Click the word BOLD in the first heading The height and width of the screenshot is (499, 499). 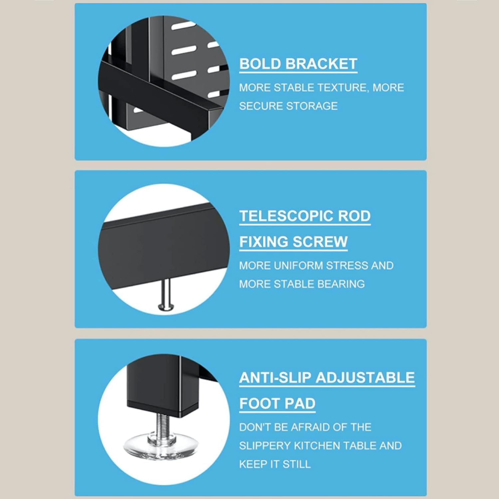coord(260,64)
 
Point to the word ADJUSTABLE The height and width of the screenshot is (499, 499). coord(365,378)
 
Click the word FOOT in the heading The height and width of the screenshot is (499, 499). coord(257,403)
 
